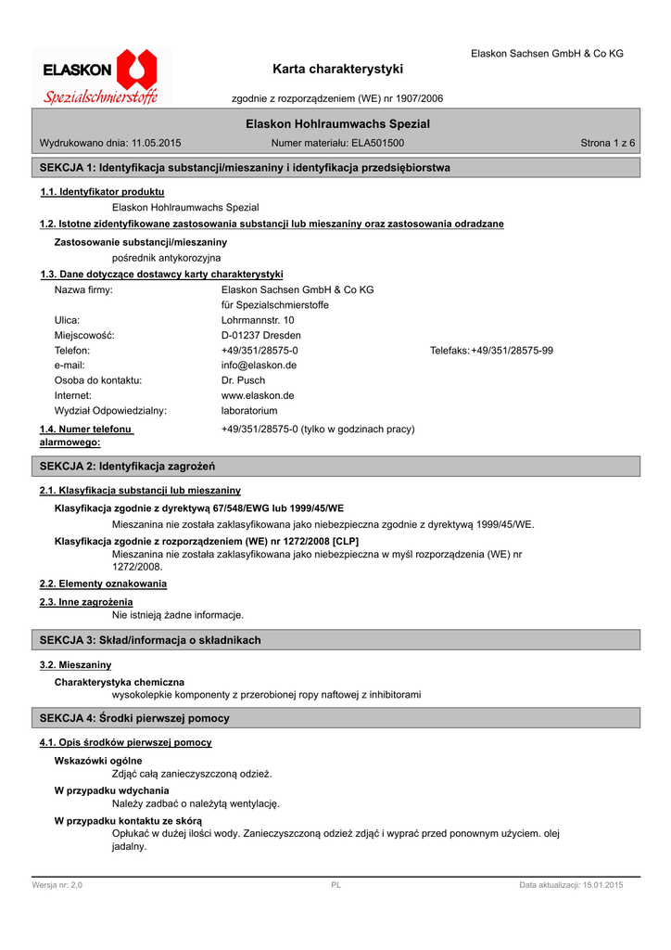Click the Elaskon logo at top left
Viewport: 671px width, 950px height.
pyautogui.click(x=101, y=77)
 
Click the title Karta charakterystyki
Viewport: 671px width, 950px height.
pyautogui.click(x=338, y=69)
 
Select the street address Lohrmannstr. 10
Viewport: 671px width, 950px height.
pyautogui.click(x=258, y=320)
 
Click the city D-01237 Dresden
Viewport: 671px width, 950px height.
pyautogui.click(x=260, y=335)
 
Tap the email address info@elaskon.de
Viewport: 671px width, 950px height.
pyautogui.click(x=259, y=366)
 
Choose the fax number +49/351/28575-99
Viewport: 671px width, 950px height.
pyautogui.click(x=512, y=351)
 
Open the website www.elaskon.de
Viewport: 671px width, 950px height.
pyautogui.click(x=258, y=395)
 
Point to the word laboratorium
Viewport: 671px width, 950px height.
pyautogui.click(x=249, y=410)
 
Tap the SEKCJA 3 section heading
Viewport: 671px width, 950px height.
pyautogui.click(x=149, y=640)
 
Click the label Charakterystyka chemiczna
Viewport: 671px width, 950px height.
pyautogui.click(x=120, y=682)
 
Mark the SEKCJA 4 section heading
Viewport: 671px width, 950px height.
pyautogui.click(x=133, y=718)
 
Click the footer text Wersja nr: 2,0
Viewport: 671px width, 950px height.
pyautogui.click(x=57, y=886)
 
